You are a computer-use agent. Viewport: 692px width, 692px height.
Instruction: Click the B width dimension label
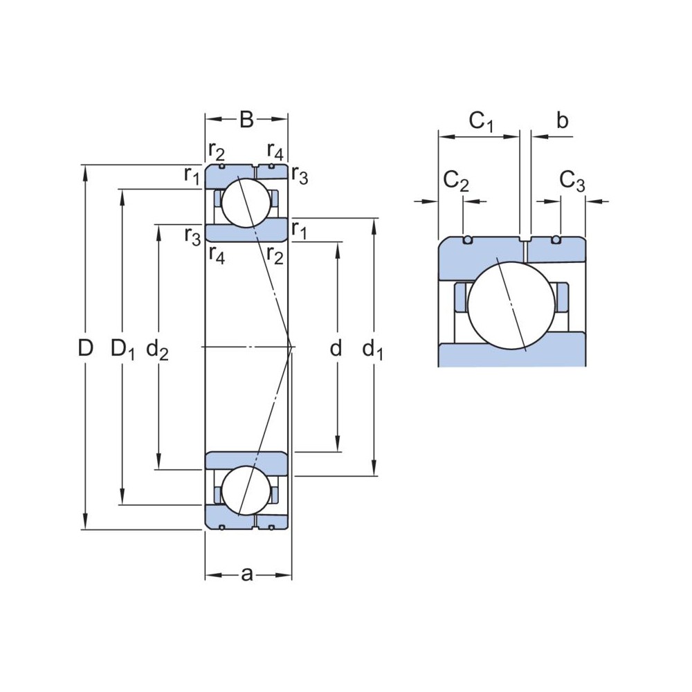(x=246, y=120)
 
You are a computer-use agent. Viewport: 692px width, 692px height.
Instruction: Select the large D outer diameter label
(x=85, y=349)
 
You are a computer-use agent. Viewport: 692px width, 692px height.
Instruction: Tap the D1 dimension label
(x=122, y=350)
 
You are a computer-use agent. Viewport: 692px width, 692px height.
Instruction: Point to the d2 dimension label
(x=158, y=351)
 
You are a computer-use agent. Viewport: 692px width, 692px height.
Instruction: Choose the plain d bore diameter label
(x=336, y=349)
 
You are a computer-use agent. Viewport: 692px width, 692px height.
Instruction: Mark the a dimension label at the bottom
(x=247, y=574)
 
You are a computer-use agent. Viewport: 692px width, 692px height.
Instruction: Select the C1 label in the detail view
(x=482, y=122)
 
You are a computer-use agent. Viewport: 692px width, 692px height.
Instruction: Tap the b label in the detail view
(x=562, y=121)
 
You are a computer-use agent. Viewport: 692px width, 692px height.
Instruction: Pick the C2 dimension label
(x=456, y=181)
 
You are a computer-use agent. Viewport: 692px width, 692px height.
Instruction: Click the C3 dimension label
(x=572, y=181)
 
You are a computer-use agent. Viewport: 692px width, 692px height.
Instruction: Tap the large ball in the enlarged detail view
(x=513, y=304)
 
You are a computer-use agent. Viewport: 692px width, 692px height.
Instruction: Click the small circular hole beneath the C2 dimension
(x=468, y=240)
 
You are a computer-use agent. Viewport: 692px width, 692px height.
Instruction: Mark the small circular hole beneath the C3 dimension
(x=556, y=240)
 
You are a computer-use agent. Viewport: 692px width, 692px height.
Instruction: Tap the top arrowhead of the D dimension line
(x=85, y=171)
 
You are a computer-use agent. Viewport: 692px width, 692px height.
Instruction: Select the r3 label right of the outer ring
(x=300, y=176)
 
